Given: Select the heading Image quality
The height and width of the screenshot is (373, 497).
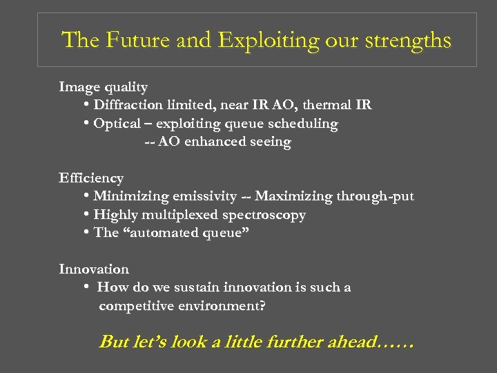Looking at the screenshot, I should point(104,87).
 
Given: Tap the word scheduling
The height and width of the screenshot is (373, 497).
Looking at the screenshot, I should point(304,124).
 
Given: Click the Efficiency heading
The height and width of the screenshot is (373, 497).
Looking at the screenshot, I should point(91,178).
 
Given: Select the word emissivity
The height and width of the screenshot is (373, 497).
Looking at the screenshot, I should point(199,196).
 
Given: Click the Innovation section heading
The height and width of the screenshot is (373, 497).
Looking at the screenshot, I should point(94,269).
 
